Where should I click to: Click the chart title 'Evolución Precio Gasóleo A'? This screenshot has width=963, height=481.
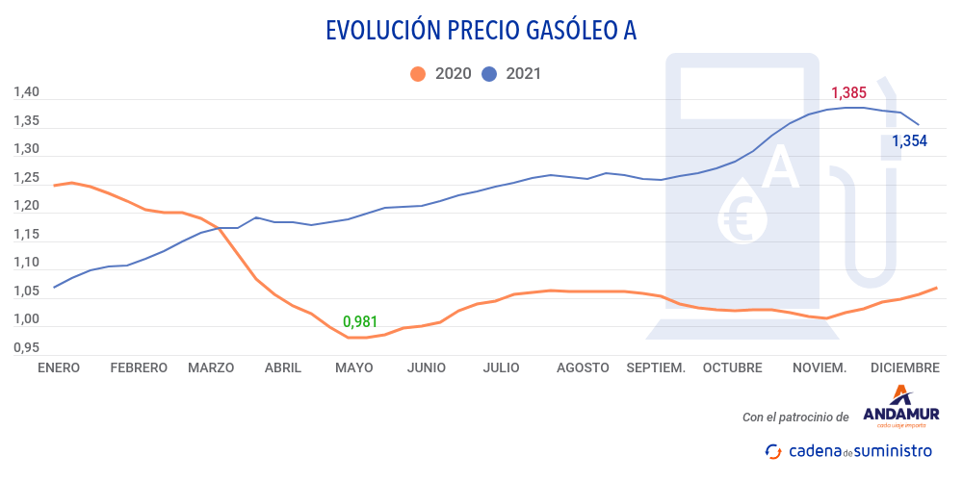tap(481, 31)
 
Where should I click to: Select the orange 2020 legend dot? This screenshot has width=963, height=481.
tap(418, 73)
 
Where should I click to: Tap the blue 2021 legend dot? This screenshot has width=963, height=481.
tap(489, 73)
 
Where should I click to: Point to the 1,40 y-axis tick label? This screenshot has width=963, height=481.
tap(26, 93)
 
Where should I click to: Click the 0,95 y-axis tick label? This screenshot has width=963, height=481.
tap(26, 347)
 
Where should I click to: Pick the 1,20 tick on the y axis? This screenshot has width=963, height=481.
tap(26, 206)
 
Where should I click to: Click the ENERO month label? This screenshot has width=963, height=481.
tap(60, 367)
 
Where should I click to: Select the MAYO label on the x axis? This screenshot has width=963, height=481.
tap(354, 367)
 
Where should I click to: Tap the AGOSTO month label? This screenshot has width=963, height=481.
tap(583, 367)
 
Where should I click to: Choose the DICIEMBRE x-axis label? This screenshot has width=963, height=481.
tap(904, 367)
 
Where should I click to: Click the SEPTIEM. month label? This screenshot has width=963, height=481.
tap(656, 367)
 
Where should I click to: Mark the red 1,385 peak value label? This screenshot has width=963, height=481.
tap(848, 93)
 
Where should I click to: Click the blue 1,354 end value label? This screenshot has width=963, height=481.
tap(909, 141)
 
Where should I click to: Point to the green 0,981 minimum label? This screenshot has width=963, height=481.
tap(360, 321)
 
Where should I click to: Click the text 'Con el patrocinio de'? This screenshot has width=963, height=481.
tap(795, 418)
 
